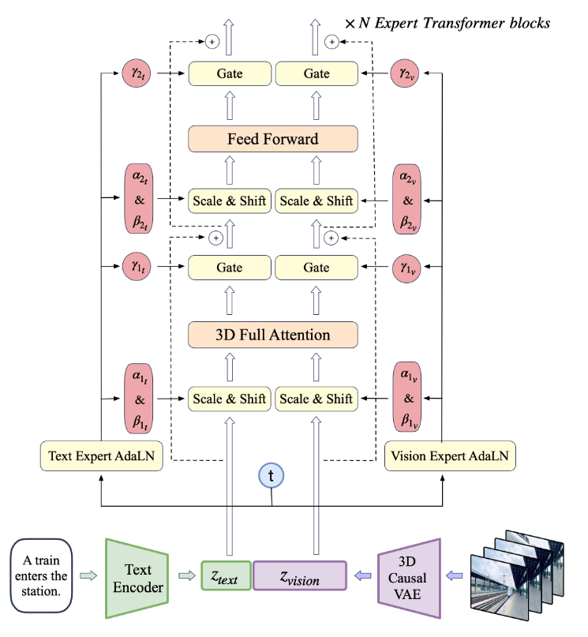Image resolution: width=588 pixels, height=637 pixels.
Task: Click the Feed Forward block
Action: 273,139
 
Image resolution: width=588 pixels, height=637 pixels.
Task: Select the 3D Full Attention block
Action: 273,335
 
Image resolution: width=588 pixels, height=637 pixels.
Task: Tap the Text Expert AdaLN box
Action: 102,455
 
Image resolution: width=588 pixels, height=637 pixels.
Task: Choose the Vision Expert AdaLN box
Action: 450,455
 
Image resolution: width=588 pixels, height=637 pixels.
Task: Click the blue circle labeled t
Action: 271,475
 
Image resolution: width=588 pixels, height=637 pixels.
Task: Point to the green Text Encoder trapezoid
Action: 137,579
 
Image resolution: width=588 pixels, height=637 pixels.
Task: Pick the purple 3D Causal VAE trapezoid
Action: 409,579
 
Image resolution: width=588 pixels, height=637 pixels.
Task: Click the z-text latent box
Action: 227,575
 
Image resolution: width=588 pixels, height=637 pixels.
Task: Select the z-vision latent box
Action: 300,575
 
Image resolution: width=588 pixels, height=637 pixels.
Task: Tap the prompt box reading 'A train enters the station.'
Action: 41,575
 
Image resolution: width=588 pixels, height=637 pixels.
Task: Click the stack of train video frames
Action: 517,575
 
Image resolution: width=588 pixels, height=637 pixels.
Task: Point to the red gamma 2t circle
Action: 137,73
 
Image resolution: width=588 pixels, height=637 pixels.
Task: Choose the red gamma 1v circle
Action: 406,268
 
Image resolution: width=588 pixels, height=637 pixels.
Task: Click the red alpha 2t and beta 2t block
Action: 139,199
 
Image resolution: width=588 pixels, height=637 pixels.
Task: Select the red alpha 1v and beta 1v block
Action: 407,397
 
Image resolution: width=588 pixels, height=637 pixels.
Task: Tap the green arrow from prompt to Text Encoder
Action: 88,575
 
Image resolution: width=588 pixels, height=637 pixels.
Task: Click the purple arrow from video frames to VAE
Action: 455,575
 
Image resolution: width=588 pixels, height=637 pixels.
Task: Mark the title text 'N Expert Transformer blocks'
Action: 454,23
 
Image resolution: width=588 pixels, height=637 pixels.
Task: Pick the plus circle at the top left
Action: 212,41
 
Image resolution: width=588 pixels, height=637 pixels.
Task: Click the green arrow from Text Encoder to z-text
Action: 187,575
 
